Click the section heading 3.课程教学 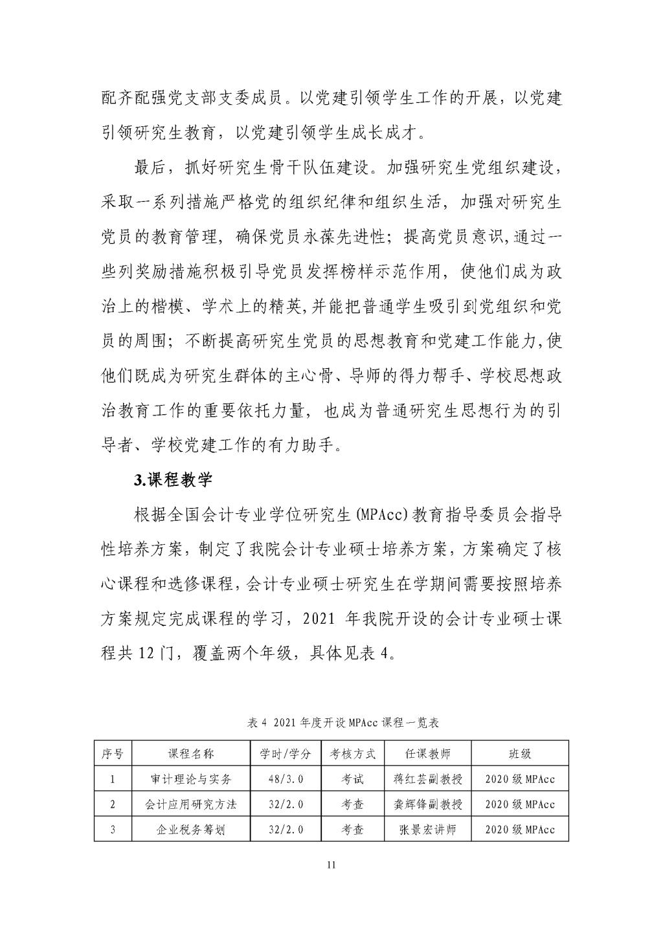click(173, 480)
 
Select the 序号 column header click(113, 754)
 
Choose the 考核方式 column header click(353, 754)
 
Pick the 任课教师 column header click(428, 754)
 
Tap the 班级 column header click(520, 754)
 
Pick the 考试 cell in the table click(353, 779)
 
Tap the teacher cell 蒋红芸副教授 click(428, 779)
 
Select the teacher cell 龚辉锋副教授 click(428, 804)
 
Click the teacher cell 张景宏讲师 click(428, 830)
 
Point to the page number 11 click(331, 866)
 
